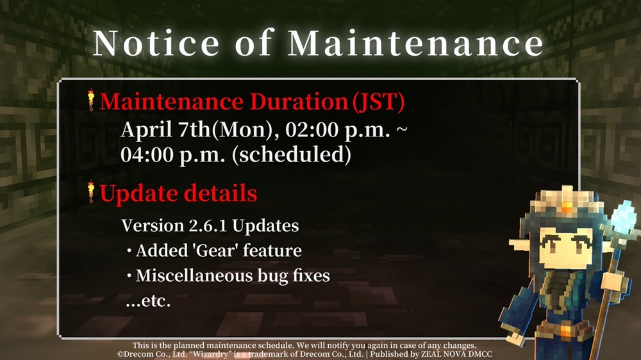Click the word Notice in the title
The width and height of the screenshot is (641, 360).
point(156,43)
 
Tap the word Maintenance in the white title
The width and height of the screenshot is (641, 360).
point(415,43)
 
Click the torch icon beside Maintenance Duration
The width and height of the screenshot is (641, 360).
point(91,100)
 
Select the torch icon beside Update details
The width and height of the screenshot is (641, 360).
point(91,192)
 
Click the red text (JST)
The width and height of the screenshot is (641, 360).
point(379,102)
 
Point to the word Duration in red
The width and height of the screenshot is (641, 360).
point(299,101)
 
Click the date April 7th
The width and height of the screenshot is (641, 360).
point(165,130)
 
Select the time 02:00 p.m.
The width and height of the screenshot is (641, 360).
point(338,130)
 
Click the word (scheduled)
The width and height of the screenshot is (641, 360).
point(292,155)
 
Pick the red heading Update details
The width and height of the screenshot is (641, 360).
point(178,193)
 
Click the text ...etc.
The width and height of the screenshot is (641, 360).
point(148,301)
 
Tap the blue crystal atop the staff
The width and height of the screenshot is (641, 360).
point(623,215)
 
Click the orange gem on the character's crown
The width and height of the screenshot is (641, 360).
point(567,206)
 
